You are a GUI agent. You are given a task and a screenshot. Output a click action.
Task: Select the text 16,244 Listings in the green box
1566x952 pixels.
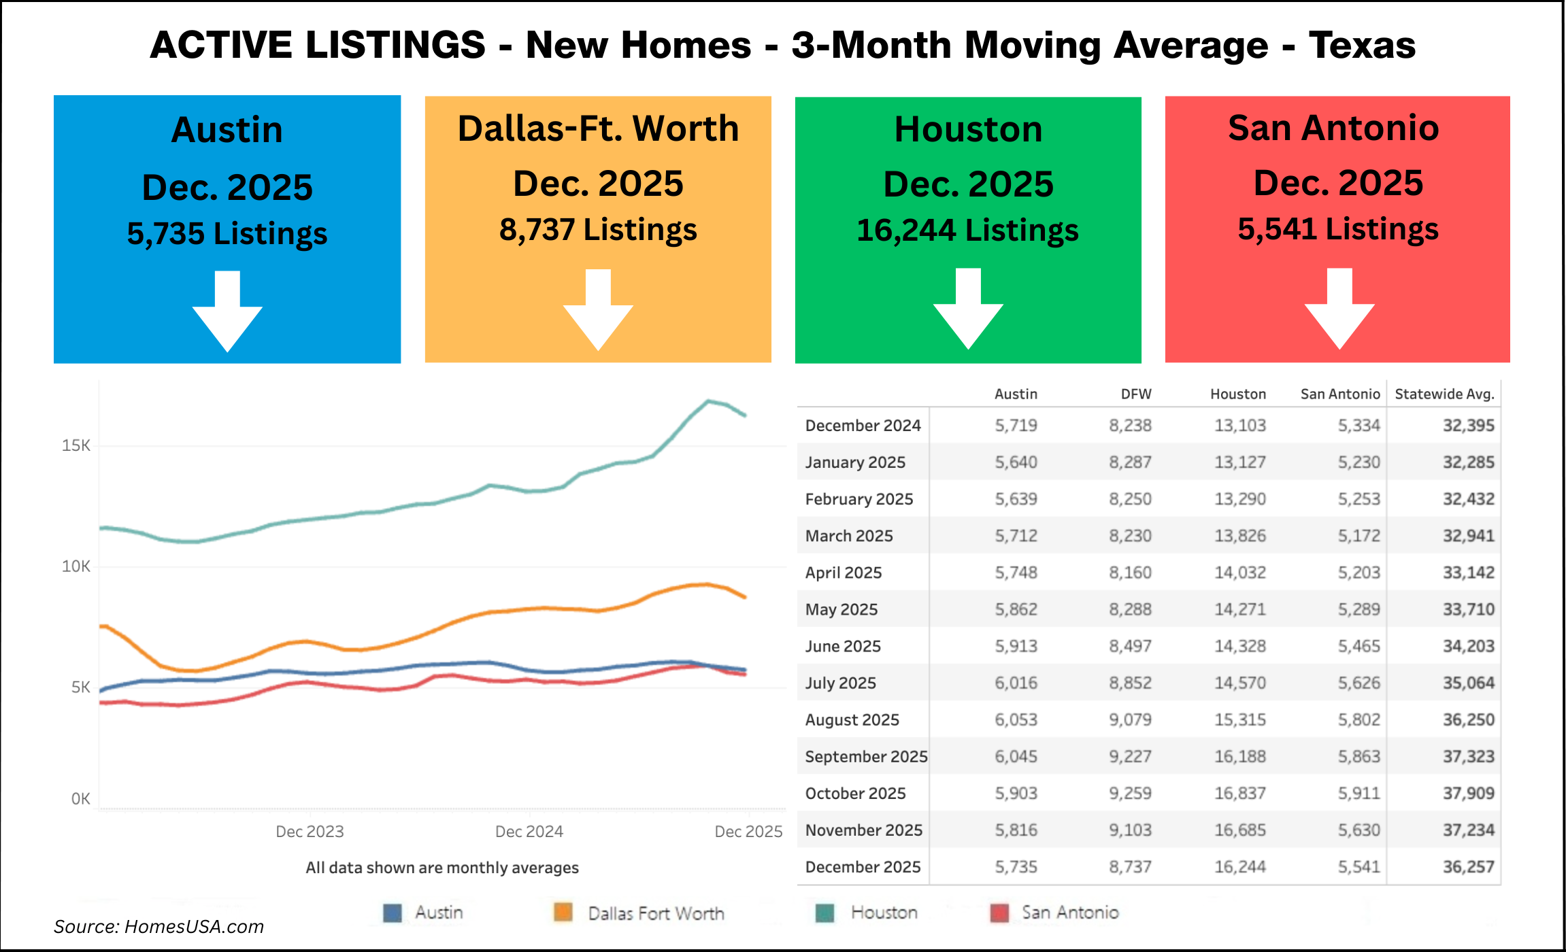[967, 231]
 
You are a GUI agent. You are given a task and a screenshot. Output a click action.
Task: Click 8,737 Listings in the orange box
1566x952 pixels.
[598, 230]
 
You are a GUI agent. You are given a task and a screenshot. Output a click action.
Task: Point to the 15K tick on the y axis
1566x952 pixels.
[76, 445]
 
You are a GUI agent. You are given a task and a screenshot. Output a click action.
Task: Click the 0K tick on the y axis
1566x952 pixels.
[80, 799]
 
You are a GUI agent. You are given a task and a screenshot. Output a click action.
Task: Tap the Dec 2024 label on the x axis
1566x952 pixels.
[529, 832]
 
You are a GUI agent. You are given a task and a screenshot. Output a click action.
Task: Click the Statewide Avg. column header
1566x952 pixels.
[1444, 394]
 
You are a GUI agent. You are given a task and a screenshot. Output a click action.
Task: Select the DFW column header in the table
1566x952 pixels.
[1136, 394]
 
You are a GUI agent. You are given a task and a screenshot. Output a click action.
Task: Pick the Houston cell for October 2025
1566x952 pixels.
[1239, 793]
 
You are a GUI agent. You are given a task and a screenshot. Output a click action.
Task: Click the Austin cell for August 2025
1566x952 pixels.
[1016, 719]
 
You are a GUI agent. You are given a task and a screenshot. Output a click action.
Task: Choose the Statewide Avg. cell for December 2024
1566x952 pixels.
[1468, 426]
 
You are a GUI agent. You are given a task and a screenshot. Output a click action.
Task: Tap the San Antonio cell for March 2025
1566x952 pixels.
[1359, 536]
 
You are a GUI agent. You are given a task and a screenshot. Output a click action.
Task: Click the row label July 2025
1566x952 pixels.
[840, 683]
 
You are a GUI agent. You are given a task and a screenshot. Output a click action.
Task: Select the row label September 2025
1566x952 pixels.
[865, 756]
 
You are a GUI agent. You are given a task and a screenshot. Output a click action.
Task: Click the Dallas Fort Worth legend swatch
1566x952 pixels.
[563, 913]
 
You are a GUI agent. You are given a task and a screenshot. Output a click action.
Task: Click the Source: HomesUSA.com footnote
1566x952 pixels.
[159, 927]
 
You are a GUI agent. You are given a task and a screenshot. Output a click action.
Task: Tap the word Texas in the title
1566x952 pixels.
[1362, 45]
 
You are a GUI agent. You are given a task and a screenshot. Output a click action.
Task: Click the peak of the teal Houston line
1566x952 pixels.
[708, 401]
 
